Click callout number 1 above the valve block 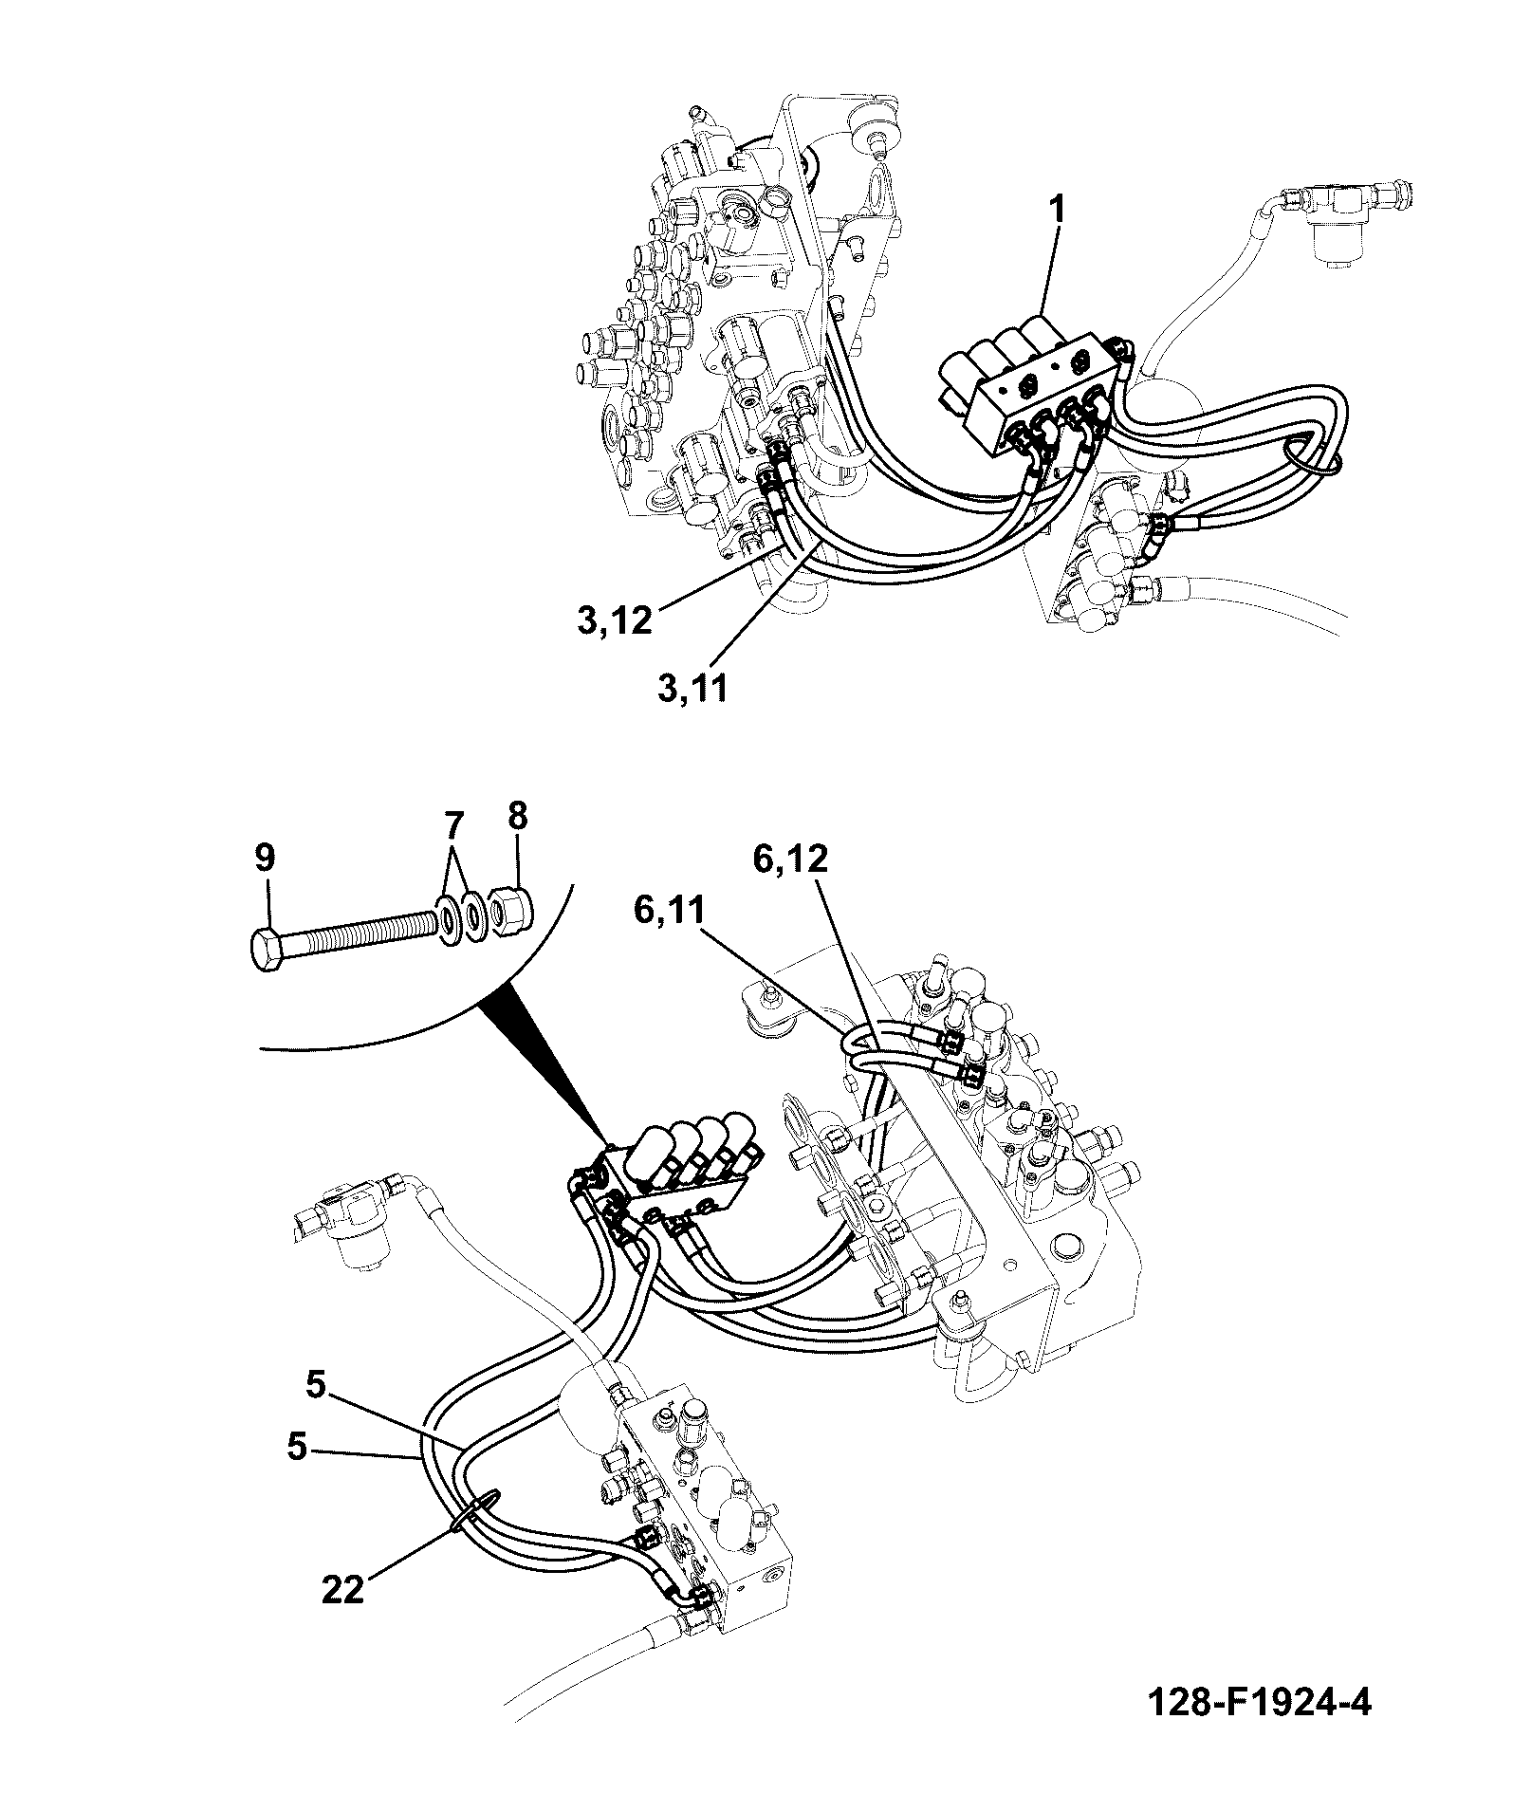click(1055, 210)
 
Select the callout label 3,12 click(615, 620)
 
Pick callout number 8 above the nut click(518, 816)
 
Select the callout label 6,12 click(790, 860)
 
